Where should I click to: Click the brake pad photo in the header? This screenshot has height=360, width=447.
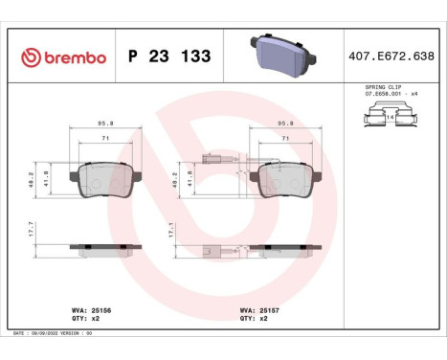point(282,56)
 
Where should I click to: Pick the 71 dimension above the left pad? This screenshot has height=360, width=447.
point(105,140)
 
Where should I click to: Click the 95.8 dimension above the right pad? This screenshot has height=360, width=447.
point(285,124)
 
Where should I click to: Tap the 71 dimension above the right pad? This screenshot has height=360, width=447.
point(285,140)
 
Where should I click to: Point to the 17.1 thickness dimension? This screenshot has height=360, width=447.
point(171,232)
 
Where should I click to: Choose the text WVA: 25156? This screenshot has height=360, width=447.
point(93,310)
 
